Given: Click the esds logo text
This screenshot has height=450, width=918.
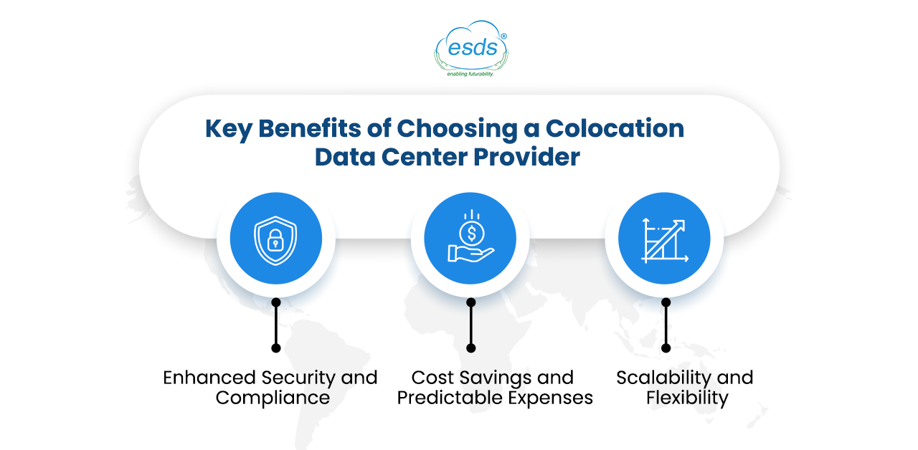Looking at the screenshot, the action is click(x=473, y=47).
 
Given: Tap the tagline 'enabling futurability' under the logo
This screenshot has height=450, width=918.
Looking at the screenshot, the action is click(x=470, y=74).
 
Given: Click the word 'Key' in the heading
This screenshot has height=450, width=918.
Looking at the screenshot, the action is click(x=228, y=130).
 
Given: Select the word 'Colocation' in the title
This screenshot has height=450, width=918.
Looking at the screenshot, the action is click(x=615, y=128).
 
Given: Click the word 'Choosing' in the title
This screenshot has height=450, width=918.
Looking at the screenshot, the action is click(x=457, y=130).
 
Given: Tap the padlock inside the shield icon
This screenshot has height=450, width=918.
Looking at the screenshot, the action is click(x=275, y=240).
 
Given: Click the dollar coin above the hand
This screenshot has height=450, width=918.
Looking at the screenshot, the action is click(x=472, y=234).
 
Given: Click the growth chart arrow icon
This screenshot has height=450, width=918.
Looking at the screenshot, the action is click(x=664, y=240).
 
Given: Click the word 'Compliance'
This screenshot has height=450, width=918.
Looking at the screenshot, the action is click(x=273, y=398).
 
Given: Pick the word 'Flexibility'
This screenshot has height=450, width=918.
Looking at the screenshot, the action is click(x=687, y=398).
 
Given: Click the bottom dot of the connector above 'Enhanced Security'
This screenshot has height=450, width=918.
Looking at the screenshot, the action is click(x=276, y=348).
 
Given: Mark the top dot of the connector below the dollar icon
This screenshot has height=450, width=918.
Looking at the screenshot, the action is click(x=471, y=302).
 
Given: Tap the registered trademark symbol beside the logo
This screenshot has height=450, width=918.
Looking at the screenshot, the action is click(x=503, y=37).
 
